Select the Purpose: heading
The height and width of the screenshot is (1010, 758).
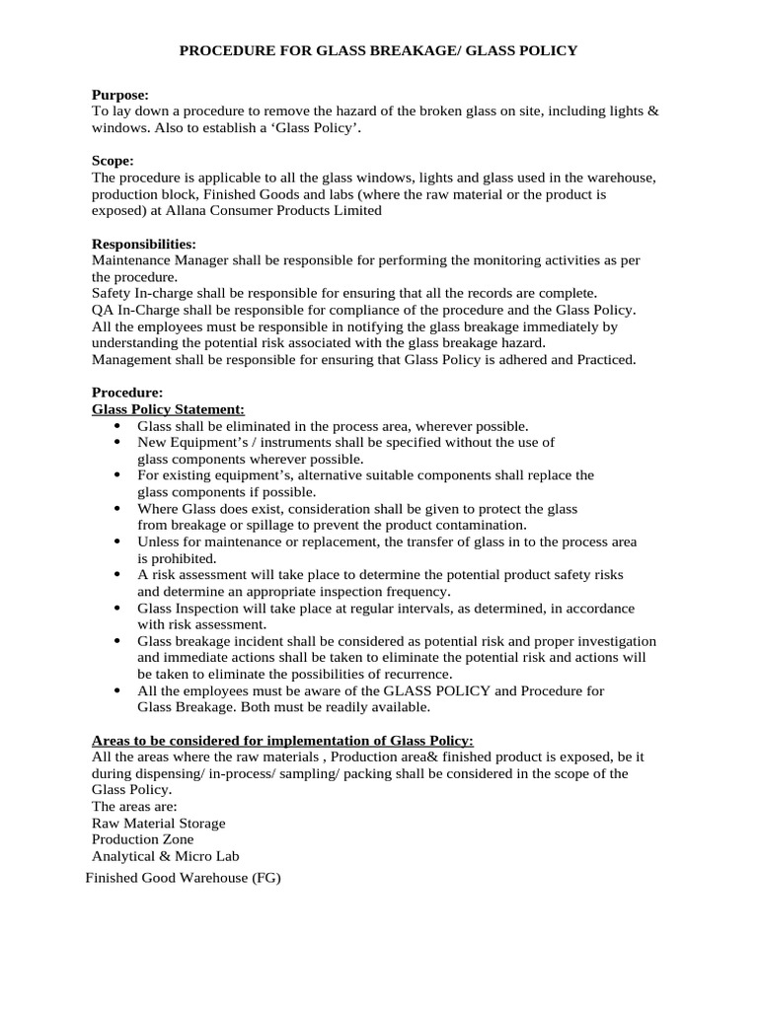coord(120,95)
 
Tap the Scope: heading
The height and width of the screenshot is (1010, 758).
coord(113,160)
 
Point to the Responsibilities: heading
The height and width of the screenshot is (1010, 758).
coord(144,243)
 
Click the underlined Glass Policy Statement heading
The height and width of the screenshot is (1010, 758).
coord(168,408)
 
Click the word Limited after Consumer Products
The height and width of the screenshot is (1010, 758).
coord(357,210)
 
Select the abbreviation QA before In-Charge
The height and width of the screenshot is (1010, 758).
coord(103,310)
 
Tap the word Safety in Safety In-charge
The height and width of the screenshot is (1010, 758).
coord(112,293)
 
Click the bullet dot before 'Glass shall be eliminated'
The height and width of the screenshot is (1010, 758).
coord(117,425)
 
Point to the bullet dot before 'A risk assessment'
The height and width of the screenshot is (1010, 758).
coord(117,574)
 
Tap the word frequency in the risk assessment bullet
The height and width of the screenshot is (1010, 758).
coord(420,591)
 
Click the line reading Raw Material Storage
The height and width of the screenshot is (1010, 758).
coord(158,823)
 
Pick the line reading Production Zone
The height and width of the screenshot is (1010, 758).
coord(143,839)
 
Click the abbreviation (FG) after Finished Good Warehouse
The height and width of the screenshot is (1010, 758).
coord(266,878)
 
